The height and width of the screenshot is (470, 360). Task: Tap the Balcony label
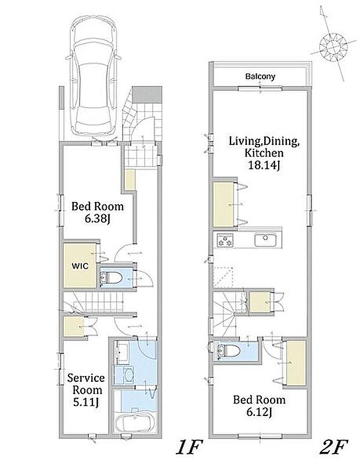[260, 77]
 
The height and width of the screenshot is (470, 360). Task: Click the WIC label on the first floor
[80, 266]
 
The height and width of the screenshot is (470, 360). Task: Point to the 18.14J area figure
[264, 166]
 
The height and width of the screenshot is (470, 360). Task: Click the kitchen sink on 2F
[265, 240]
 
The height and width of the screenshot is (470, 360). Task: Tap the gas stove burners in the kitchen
[225, 240]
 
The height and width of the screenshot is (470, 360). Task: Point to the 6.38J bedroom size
[98, 219]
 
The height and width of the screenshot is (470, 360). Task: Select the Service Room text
[86, 384]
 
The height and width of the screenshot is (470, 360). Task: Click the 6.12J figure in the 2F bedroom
[259, 413]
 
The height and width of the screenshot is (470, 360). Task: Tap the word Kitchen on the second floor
[264, 153]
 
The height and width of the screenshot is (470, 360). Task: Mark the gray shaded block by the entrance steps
[147, 94]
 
